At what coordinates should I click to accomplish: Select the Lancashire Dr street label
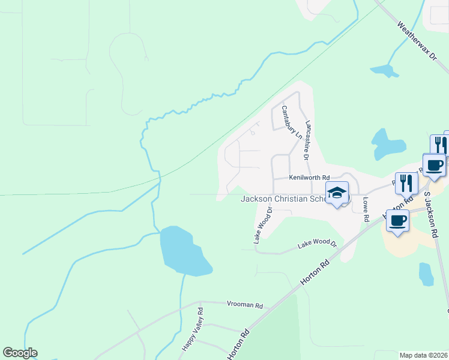click(307, 140)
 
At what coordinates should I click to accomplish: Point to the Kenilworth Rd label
click(309, 178)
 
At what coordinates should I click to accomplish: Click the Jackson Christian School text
click(282, 199)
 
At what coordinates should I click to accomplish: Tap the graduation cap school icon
click(337, 193)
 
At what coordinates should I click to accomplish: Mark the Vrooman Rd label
click(245, 305)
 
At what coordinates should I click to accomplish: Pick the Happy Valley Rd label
click(193, 331)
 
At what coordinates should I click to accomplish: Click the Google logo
click(20, 353)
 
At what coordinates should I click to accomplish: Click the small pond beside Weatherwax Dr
click(385, 71)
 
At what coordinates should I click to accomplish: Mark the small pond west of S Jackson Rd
click(426, 274)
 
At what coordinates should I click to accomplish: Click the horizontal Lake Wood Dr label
click(317, 243)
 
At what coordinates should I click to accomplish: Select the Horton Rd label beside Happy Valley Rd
click(238, 344)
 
